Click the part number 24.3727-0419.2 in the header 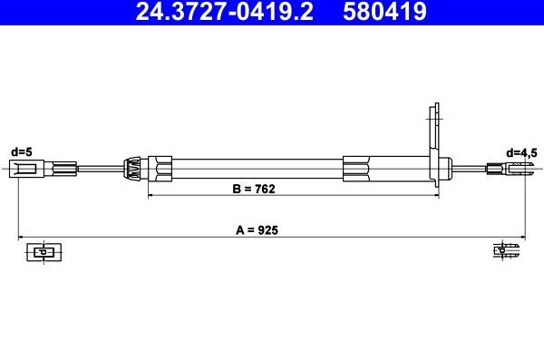tap(225, 11)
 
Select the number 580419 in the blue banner tap(384, 11)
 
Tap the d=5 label tap(22, 151)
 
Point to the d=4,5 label tap(521, 152)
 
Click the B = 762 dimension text tap(254, 189)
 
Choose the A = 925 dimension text tap(257, 229)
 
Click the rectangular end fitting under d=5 tap(26, 169)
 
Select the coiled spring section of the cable tap(132, 169)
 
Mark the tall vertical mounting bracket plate tap(434, 145)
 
